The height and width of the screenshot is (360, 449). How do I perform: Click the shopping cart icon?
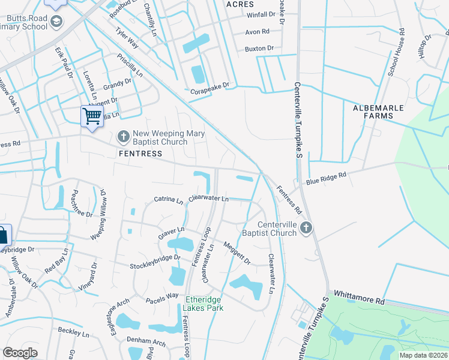click(92, 115)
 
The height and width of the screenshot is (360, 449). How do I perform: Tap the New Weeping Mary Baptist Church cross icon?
click(124, 137)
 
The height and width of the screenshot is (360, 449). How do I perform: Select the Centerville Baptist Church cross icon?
click(306, 228)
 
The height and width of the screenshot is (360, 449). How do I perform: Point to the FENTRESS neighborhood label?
click(140, 154)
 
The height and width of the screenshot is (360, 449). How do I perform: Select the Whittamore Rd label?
click(358, 298)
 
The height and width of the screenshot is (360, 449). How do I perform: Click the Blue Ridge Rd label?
click(327, 176)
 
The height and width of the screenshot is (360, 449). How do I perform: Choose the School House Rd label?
click(397, 53)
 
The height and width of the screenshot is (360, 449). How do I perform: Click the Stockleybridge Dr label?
click(155, 262)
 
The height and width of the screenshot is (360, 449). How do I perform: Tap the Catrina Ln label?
click(168, 199)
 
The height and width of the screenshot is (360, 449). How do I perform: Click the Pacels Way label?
click(162, 296)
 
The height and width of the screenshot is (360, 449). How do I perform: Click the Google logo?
click(20, 353)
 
